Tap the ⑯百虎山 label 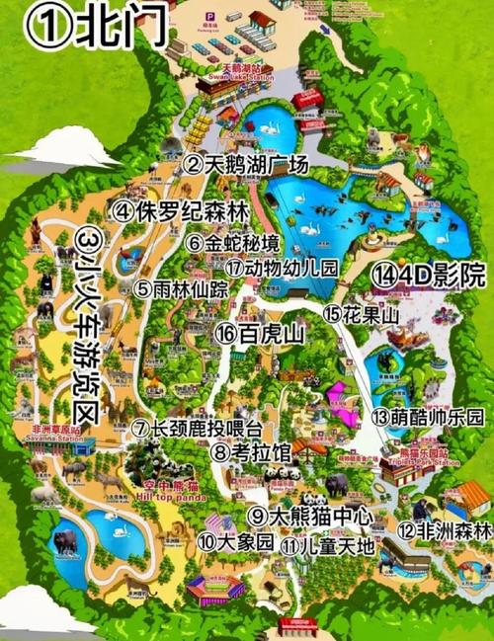(x=259, y=334)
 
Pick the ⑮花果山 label (x=360, y=313)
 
